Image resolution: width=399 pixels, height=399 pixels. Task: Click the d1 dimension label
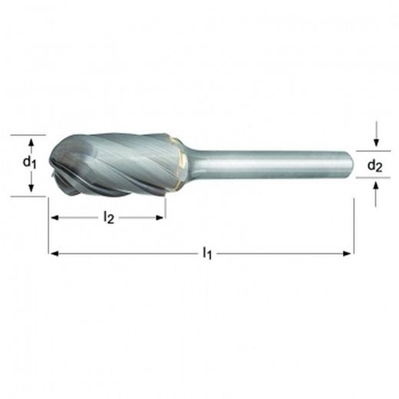(x=29, y=163)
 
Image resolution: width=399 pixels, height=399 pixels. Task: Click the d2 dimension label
(x=375, y=165)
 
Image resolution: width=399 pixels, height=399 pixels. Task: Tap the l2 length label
(x=108, y=218)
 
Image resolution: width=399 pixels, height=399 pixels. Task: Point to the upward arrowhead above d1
(x=30, y=141)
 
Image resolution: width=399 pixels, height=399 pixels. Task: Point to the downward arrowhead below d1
(x=30, y=189)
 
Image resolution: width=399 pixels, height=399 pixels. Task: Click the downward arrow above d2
(x=375, y=143)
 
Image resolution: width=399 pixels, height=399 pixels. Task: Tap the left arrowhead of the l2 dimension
(x=54, y=217)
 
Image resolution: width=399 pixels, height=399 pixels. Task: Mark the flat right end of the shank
(x=351, y=163)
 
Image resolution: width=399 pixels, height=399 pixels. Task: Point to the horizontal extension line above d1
(x=23, y=134)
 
